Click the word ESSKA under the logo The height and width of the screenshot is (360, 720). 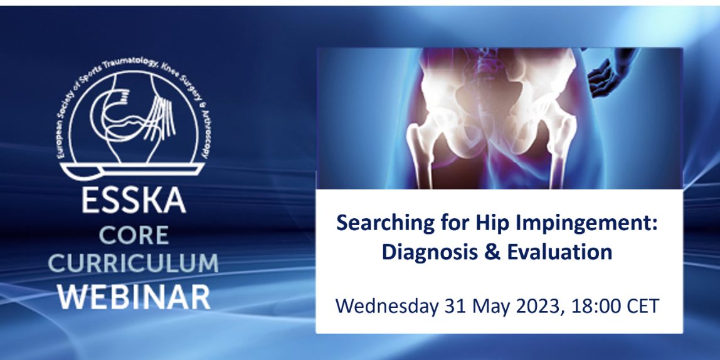[x=134, y=201]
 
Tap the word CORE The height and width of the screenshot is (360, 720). [x=134, y=235]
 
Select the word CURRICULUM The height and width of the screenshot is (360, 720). [x=133, y=263]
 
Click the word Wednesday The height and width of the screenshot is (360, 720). [x=387, y=306]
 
